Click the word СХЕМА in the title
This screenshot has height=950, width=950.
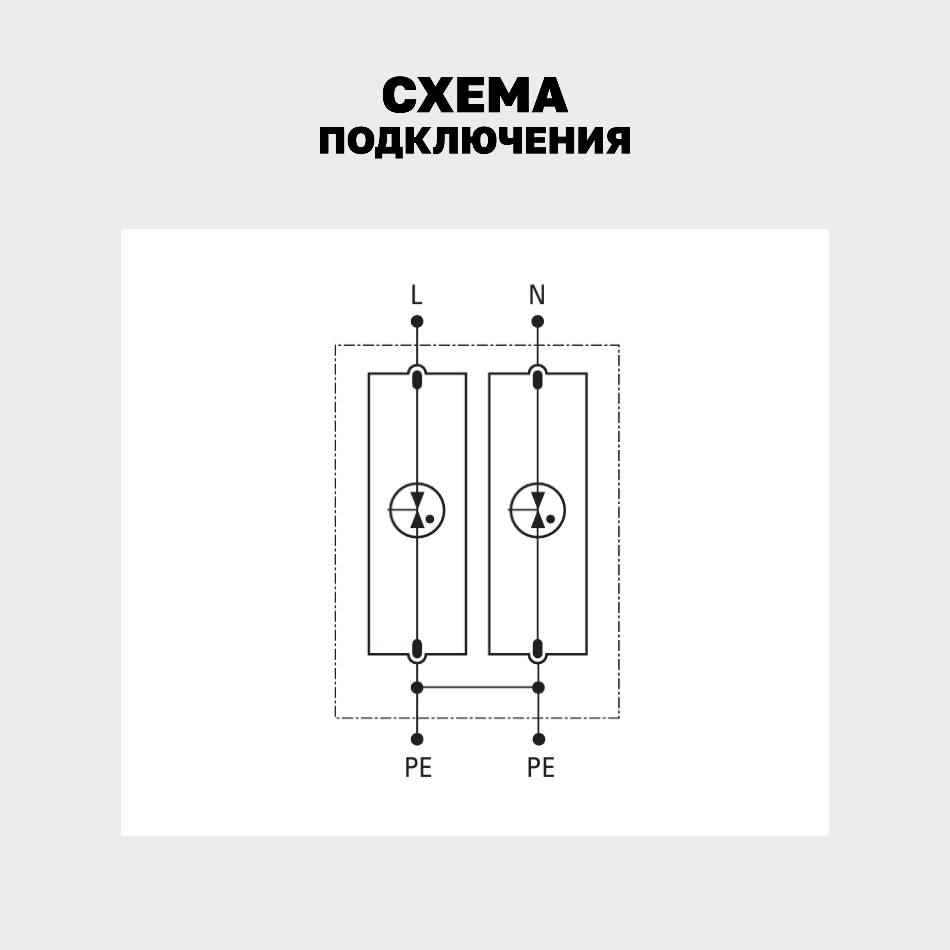[x=475, y=95]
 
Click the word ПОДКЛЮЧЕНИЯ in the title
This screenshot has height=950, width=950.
[x=475, y=141]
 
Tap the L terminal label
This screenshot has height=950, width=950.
[x=416, y=295]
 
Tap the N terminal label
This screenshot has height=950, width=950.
[x=537, y=295]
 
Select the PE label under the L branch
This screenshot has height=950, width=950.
[x=418, y=768]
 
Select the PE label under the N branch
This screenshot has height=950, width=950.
[x=540, y=768]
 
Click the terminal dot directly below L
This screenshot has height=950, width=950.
[x=417, y=321]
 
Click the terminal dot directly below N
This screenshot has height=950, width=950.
[x=538, y=321]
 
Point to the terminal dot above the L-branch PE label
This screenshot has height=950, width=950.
[x=417, y=739]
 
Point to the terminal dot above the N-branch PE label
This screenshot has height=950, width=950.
[x=539, y=739]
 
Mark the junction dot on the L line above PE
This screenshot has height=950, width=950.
[x=417, y=688]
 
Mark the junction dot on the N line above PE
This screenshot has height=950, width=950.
[x=539, y=688]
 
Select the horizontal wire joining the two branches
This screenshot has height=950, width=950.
[x=478, y=688]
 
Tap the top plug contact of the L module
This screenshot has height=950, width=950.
[x=417, y=380]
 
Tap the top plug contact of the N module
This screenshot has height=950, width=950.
[x=538, y=380]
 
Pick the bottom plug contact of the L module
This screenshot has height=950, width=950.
[x=417, y=649]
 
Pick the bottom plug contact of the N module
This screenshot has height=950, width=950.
[x=538, y=649]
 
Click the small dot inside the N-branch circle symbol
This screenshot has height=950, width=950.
[x=551, y=519]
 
